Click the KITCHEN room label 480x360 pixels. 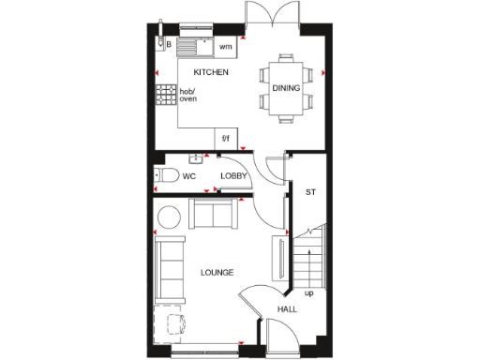tap(211, 72)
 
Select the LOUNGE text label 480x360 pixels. tap(217, 272)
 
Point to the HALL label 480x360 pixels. tap(288, 308)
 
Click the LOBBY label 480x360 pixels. tap(232, 175)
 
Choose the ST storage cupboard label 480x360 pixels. tap(310, 192)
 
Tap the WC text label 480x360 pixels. tap(189, 175)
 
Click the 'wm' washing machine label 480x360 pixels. tap(225, 46)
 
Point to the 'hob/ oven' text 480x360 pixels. tap(188, 95)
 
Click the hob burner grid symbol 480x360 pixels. tap(166, 94)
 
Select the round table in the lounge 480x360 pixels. tap(169, 216)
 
